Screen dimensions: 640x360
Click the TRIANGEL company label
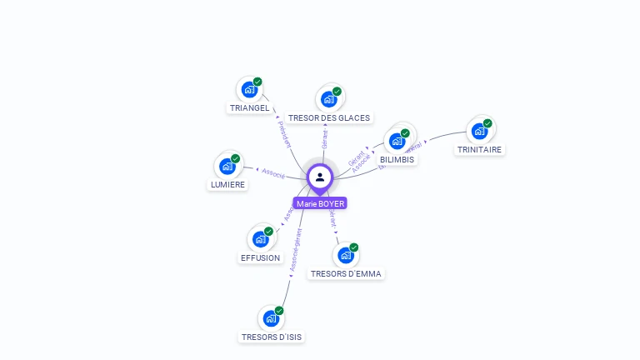(x=249, y=107)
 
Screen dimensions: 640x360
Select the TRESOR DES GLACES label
(x=328, y=118)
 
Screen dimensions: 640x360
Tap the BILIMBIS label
(x=397, y=159)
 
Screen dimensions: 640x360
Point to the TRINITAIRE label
(x=479, y=150)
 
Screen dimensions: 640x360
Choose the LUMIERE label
(x=227, y=185)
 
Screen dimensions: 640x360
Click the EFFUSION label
(x=260, y=258)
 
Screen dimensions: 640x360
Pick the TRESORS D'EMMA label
(x=346, y=273)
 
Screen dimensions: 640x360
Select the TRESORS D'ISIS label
(x=271, y=337)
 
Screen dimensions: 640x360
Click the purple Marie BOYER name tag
(x=320, y=203)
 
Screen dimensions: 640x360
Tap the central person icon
(x=320, y=177)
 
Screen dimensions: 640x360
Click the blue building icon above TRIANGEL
(x=248, y=89)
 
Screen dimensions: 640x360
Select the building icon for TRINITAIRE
(x=479, y=131)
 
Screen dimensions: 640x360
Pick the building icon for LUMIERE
(x=227, y=166)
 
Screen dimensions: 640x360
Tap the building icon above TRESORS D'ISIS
(x=270, y=318)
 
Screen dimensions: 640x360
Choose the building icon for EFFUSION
(x=260, y=239)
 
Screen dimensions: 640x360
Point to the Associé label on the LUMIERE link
(x=273, y=173)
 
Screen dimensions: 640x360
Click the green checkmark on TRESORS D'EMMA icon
(x=354, y=247)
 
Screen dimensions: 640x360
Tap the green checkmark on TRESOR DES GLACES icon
(x=337, y=92)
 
